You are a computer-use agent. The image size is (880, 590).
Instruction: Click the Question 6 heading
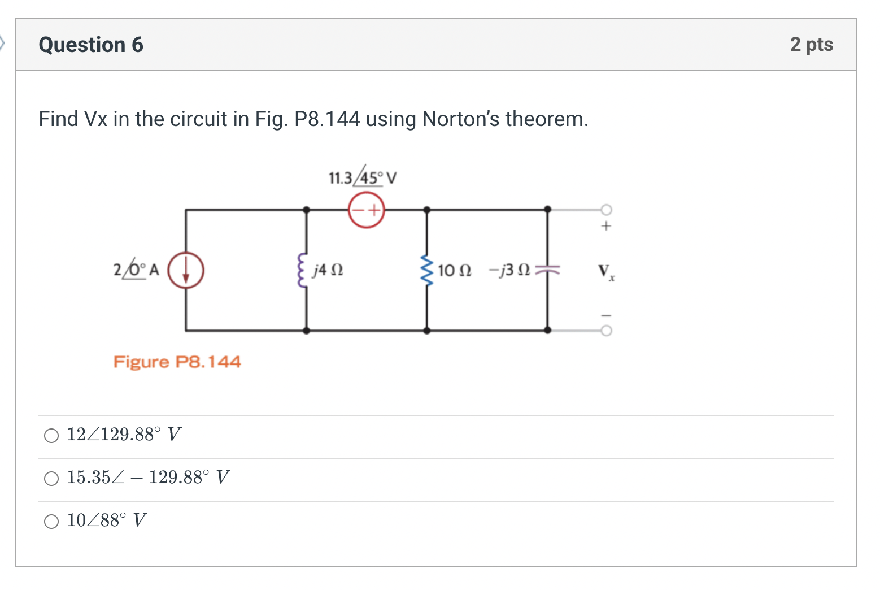click(x=91, y=45)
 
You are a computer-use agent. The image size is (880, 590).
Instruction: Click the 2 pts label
click(x=811, y=44)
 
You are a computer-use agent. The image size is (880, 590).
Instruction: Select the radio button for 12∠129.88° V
click(x=51, y=436)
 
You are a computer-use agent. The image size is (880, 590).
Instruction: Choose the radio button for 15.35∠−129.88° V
click(x=51, y=479)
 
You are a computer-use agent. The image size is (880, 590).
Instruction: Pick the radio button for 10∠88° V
click(x=51, y=522)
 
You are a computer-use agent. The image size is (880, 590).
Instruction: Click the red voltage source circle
click(x=366, y=210)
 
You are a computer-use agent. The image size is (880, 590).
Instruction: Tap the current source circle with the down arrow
click(x=186, y=270)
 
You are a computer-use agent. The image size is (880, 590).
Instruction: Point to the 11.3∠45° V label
click(x=362, y=178)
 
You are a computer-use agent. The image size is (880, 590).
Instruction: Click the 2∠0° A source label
click(x=136, y=269)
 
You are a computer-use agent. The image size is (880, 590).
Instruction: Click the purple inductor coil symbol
click(x=303, y=270)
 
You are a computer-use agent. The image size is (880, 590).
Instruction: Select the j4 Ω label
click(x=328, y=270)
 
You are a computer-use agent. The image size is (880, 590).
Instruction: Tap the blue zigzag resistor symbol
click(x=426, y=270)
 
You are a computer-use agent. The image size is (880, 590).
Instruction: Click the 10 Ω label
click(x=454, y=270)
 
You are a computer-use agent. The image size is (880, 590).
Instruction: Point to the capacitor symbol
click(x=547, y=270)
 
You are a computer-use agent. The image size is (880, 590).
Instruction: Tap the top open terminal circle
click(x=606, y=210)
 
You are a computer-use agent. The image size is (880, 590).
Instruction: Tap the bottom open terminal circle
click(x=606, y=331)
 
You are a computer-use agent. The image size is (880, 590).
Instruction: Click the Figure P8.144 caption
click(x=177, y=362)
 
